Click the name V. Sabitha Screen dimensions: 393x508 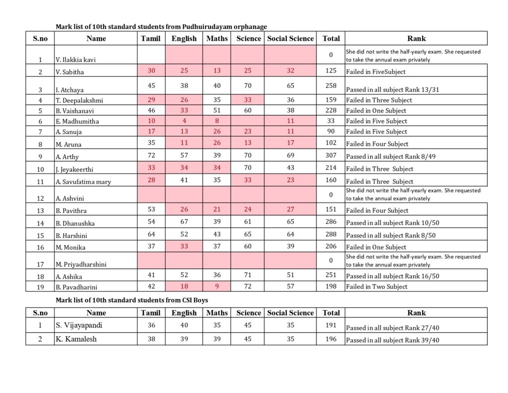70,72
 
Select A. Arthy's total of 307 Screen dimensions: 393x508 331,156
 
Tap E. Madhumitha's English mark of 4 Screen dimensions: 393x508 184,121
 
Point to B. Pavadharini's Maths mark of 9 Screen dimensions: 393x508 217,286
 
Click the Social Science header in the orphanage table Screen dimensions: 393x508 290,38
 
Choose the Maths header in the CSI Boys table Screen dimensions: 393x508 217,313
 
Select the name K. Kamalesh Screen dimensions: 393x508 76,339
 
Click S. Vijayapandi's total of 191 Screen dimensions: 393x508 331,325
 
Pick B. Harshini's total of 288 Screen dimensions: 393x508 331,235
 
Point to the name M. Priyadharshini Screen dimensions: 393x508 81,264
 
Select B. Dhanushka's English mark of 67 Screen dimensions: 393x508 184,222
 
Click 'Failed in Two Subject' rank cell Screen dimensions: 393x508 377,287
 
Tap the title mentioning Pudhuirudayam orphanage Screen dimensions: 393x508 161,26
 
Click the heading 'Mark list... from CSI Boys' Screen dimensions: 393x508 132,300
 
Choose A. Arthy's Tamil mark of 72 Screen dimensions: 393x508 151,156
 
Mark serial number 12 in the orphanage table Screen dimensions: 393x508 40,197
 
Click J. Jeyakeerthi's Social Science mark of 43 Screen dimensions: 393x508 290,168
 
